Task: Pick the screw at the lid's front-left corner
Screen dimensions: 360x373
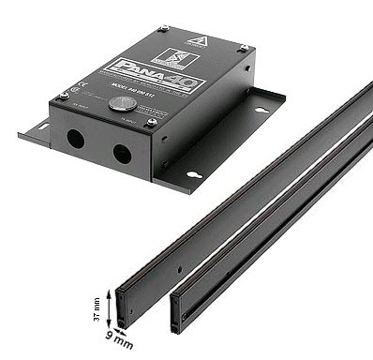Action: pyautogui.click(x=64, y=94)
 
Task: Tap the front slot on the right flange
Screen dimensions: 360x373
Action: pyautogui.click(x=193, y=173)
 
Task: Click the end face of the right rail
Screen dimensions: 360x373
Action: pyautogui.click(x=175, y=314)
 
